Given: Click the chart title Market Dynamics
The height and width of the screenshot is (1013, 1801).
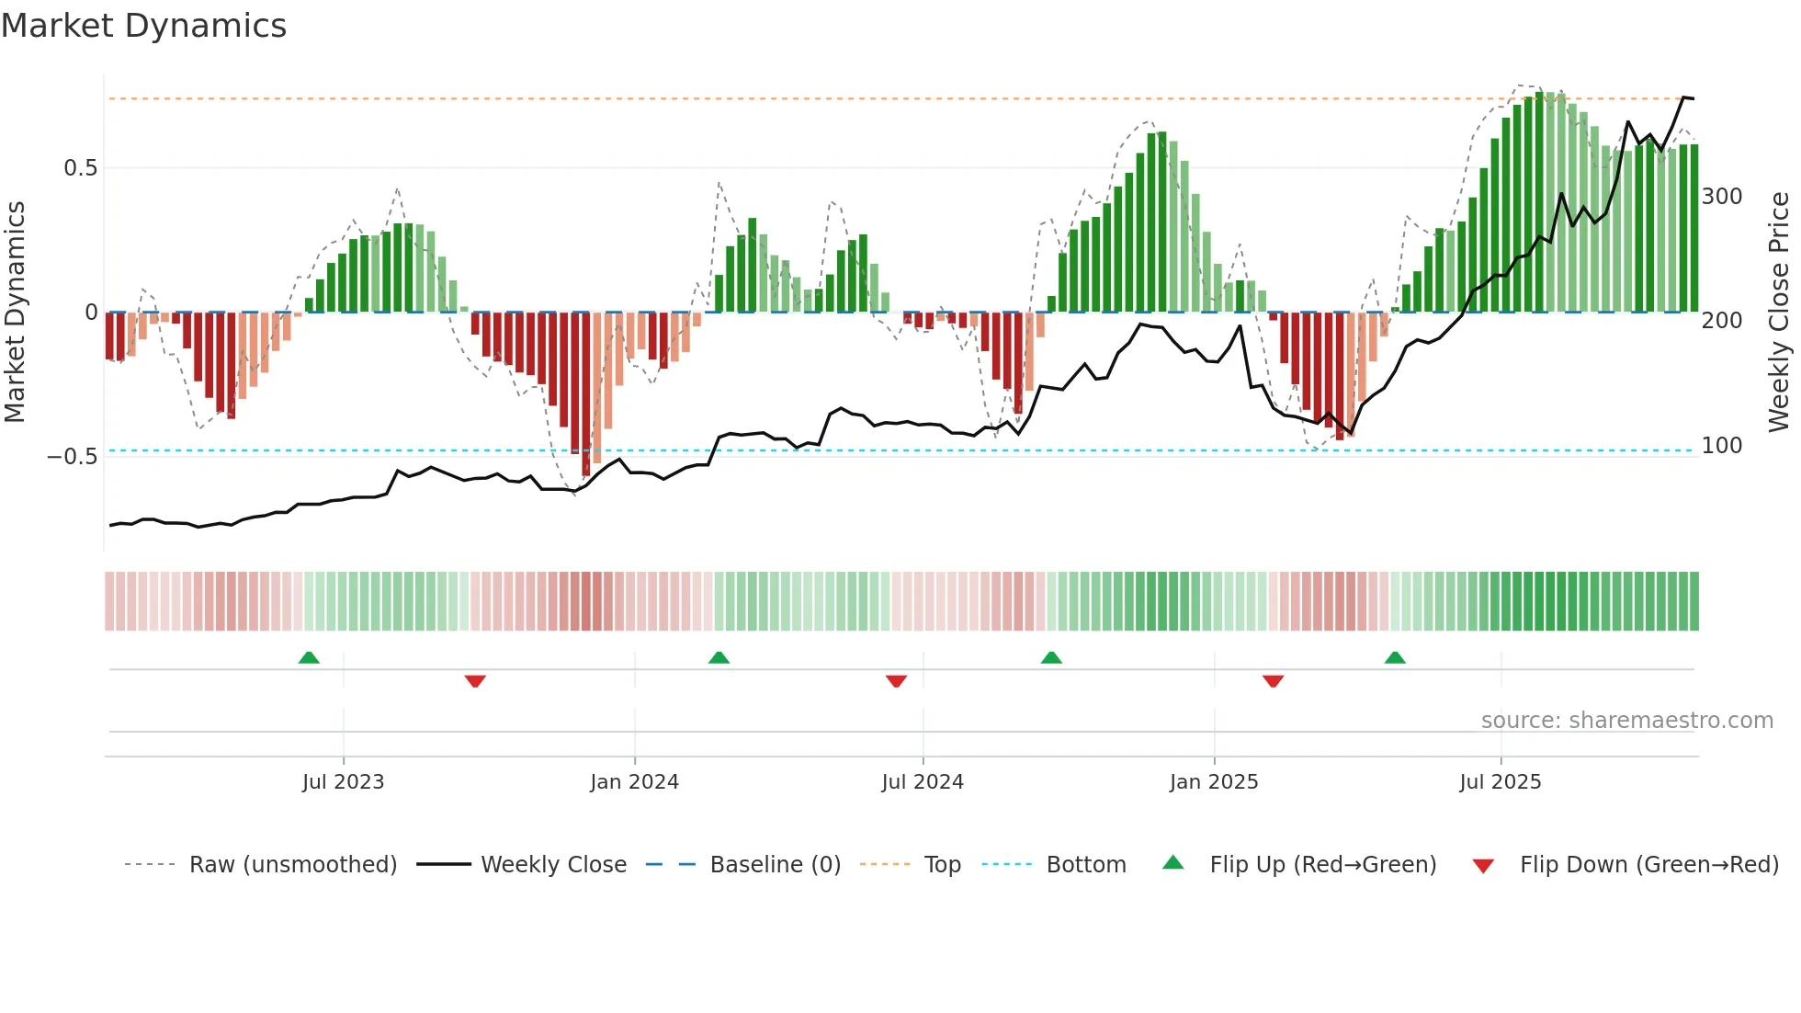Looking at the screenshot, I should click(x=144, y=26).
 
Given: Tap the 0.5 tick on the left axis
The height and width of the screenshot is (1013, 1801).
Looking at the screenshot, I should click(x=80, y=168).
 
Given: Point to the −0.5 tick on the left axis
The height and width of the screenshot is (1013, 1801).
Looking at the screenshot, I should click(x=72, y=457).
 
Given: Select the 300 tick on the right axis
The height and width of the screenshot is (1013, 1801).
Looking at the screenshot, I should click(x=1721, y=197).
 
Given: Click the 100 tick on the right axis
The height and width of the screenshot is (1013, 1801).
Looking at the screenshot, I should click(x=1721, y=446).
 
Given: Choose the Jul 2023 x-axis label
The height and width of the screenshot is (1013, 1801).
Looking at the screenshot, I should click(x=343, y=782).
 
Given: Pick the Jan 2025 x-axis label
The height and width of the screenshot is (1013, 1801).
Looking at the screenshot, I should click(x=1213, y=782).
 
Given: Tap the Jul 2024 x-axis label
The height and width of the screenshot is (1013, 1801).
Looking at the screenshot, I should click(x=922, y=782).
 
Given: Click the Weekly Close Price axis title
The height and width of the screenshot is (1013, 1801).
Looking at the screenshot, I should click(x=1779, y=313).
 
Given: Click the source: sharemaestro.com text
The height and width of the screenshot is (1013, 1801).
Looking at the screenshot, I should click(x=1626, y=721).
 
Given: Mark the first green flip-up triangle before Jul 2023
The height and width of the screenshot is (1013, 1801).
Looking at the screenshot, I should click(x=309, y=657).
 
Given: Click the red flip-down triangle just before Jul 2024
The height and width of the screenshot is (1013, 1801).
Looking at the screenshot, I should click(x=896, y=681).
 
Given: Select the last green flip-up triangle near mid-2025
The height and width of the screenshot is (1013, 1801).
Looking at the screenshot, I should click(x=1395, y=657).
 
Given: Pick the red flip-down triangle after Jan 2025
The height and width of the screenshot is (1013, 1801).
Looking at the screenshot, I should click(x=1273, y=681).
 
